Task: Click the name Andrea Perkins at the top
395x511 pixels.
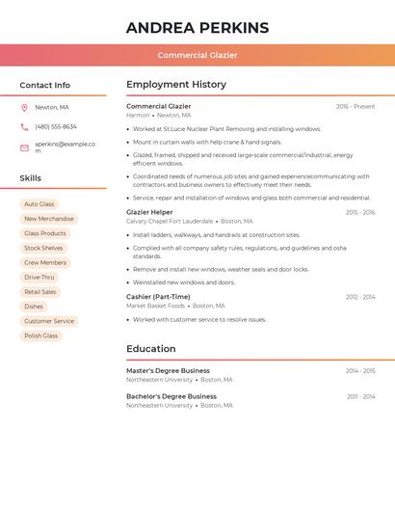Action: coord(197,28)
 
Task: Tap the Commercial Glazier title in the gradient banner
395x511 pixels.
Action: coord(197,55)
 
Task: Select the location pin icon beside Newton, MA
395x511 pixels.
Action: coord(24,107)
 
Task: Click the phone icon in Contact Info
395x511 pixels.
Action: coord(24,126)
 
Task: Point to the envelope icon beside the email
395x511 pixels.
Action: coord(24,148)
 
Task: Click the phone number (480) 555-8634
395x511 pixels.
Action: coord(56,126)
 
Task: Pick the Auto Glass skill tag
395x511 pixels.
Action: coord(39,204)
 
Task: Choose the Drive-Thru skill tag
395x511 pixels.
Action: coord(39,277)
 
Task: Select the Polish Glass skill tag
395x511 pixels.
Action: coord(41,336)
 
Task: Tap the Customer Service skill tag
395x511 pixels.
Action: coord(49,321)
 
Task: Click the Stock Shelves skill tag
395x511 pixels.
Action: coord(43,248)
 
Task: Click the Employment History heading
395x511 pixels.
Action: coord(176,85)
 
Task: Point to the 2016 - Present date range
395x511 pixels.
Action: coord(355,106)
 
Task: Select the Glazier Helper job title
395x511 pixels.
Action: coord(149,212)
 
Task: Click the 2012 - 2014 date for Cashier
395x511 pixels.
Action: coord(360,297)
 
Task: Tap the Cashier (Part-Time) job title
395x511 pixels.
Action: coord(158,297)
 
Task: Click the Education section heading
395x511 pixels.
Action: coord(151,349)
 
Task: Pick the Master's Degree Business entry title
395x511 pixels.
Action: coord(168,370)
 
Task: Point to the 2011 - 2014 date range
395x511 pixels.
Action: coord(361,396)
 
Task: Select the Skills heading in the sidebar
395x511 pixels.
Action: coord(31,178)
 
